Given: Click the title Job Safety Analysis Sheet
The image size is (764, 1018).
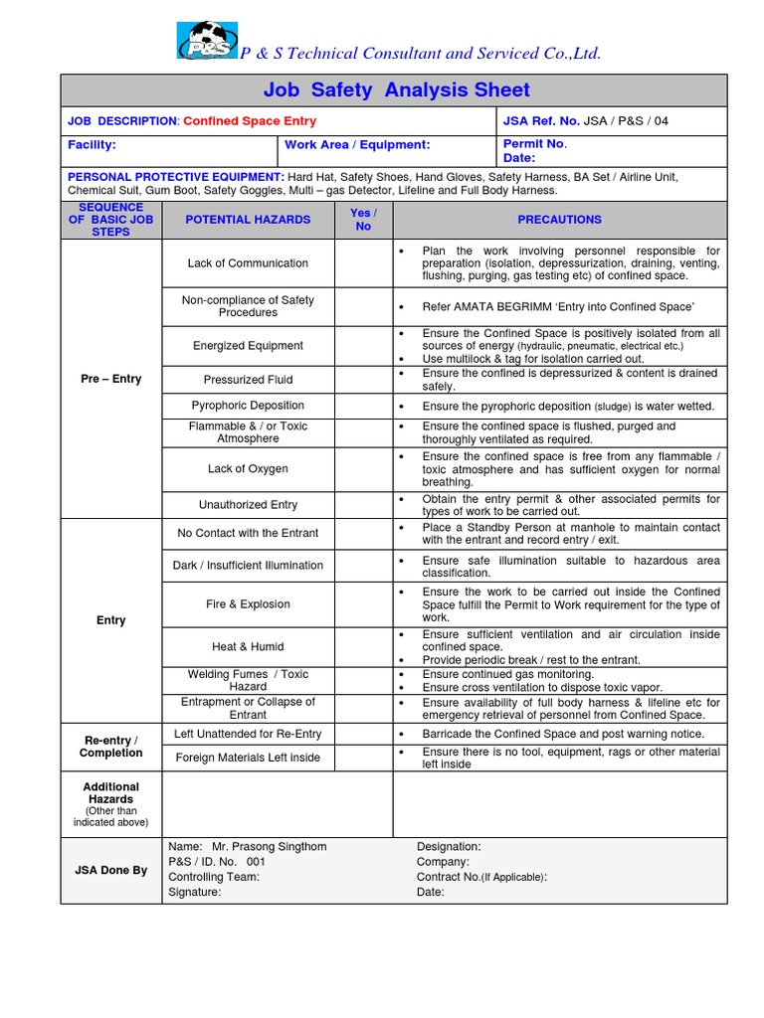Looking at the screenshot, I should (396, 90).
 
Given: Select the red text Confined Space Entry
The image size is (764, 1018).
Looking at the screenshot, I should (250, 121).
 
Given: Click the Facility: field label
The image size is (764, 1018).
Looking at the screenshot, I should (92, 145).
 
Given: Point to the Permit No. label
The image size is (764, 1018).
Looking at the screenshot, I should (535, 143).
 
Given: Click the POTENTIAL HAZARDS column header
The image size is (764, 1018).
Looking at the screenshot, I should (248, 220).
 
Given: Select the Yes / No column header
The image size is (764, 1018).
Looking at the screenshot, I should (363, 220).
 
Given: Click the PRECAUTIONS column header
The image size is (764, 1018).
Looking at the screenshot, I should (559, 220).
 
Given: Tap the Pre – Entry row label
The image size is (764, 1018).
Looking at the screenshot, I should (110, 379).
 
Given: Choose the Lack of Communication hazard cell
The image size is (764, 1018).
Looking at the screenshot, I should (248, 263).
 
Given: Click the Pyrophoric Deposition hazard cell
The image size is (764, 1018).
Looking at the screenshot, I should (248, 406).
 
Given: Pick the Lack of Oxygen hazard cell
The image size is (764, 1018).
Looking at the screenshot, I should (248, 469).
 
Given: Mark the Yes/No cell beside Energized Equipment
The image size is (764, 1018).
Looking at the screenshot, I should (363, 346).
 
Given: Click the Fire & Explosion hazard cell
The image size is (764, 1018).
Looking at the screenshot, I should (248, 604).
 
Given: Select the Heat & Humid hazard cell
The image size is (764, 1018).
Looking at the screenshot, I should (248, 646).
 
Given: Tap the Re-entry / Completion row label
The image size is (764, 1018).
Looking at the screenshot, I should (110, 747).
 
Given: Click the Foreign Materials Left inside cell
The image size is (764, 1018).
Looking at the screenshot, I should (248, 758).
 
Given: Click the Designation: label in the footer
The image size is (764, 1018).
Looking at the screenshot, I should (449, 847).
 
